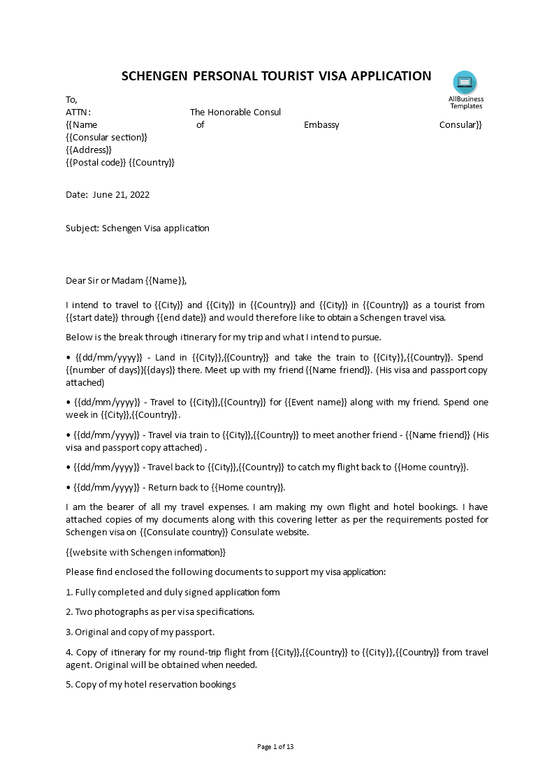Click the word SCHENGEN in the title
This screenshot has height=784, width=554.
[154, 76]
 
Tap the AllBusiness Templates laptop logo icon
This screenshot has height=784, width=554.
[465, 82]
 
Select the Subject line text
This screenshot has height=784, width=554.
[138, 228]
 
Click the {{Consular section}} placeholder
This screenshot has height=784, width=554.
[107, 138]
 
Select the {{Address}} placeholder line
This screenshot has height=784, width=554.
[89, 150]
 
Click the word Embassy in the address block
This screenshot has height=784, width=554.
[321, 125]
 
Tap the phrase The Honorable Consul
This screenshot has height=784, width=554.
[235, 112]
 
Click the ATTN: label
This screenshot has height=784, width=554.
[78, 112]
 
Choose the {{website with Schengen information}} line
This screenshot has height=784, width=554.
[146, 553]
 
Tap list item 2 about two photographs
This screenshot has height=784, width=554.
[160, 612]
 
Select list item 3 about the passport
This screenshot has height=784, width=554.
[140, 632]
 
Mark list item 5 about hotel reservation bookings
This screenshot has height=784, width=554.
[151, 685]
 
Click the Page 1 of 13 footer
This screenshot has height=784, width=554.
[276, 747]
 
